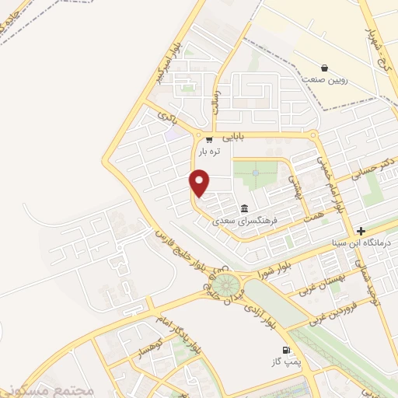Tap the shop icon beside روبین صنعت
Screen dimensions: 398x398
click(x=325, y=68)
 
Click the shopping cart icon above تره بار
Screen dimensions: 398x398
click(x=208, y=140)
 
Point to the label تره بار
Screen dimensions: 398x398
click(x=208, y=152)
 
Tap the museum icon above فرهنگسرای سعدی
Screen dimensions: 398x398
click(x=245, y=208)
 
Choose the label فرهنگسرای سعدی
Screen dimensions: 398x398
click(x=246, y=220)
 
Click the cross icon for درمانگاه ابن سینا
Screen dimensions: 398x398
click(x=361, y=231)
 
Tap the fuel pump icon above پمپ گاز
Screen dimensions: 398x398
click(x=287, y=351)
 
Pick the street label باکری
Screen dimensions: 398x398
click(x=167, y=118)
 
